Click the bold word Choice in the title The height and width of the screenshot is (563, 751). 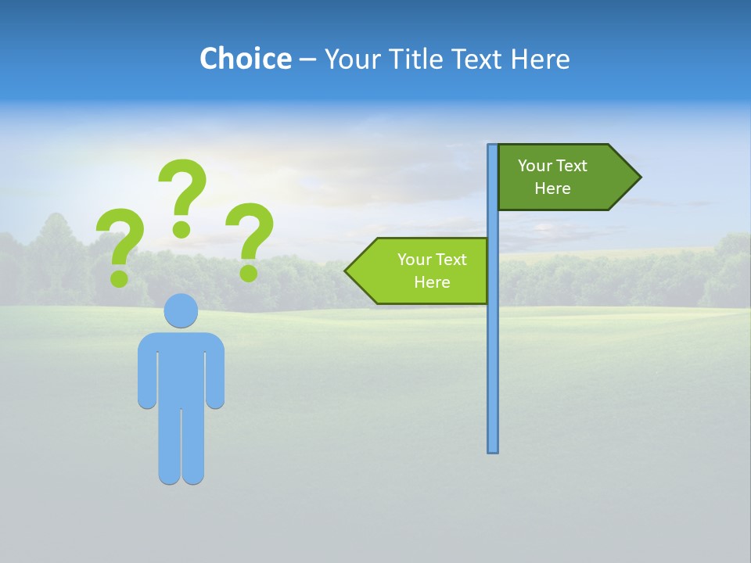245,59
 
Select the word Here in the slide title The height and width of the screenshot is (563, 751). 540,59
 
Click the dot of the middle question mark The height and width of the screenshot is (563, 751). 181,229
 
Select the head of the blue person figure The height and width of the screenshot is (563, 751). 181,310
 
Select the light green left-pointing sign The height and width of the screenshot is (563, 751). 422,271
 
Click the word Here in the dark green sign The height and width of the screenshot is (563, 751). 552,188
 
